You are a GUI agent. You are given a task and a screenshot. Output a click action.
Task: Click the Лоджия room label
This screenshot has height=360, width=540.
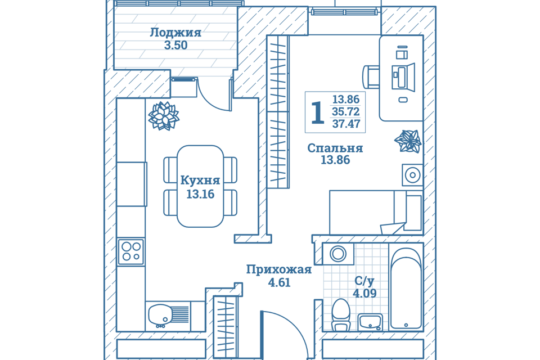coord(175,32)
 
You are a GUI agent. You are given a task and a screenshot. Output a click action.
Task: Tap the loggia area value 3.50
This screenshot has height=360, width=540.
coord(175,46)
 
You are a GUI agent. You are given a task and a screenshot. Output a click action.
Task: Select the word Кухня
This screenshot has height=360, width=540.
coord(200,181)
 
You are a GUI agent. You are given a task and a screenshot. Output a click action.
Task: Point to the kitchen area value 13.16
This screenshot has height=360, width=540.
coord(200,195)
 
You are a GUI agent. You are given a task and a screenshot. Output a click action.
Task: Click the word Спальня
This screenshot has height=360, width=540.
coord(335,148)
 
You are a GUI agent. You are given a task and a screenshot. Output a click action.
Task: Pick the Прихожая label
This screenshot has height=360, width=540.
coord(278,269)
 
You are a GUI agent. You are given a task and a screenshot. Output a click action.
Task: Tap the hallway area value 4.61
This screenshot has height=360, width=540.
coord(279,283)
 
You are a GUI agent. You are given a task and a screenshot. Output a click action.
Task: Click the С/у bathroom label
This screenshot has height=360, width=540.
coord(364,280)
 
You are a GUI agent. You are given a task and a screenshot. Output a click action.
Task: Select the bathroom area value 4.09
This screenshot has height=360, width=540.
coord(364,293)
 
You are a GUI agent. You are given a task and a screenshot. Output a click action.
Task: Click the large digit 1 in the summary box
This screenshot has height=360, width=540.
coord(317,112)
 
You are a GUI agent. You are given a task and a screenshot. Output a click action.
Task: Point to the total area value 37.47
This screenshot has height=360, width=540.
coord(345,124)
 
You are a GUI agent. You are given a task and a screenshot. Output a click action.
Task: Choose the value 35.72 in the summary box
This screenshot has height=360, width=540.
coord(345,112)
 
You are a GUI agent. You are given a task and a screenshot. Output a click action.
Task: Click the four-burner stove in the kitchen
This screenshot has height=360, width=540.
coord(131,251)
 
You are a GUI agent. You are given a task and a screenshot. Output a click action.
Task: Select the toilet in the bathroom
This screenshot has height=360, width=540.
coord(341,314)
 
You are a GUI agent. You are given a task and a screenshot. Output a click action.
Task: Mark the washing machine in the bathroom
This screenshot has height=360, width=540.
coord(338,253)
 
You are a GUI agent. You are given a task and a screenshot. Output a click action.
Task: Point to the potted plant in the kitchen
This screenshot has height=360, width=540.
coord(164,116)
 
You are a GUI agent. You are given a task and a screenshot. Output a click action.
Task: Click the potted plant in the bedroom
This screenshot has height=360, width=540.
coord(408,141)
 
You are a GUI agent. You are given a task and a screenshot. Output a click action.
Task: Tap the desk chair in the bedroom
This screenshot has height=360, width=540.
coord(372,77)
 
